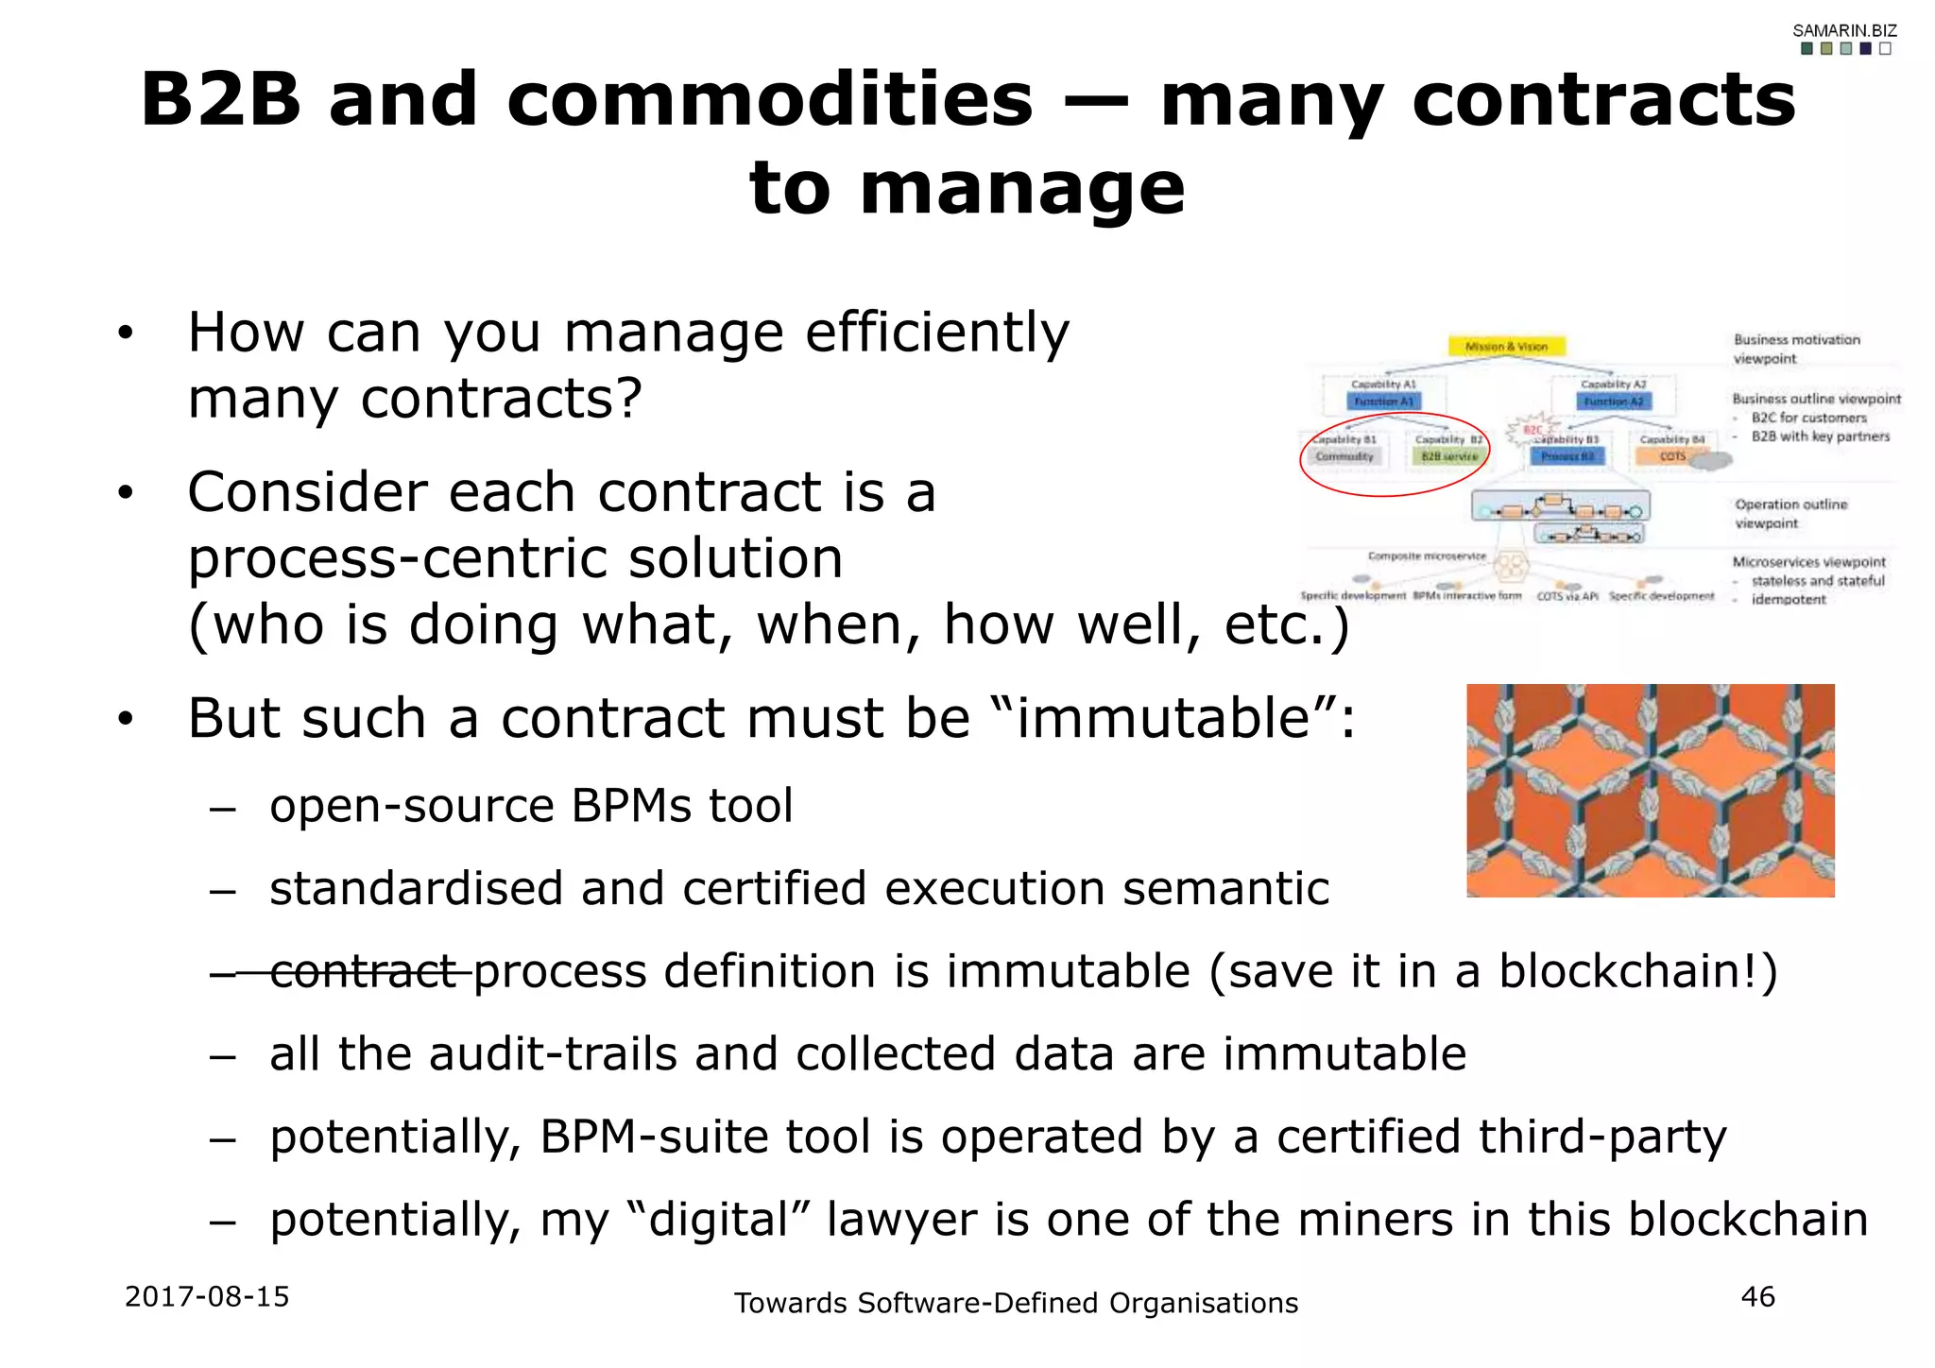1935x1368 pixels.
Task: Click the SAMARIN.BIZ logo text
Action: coord(1843,30)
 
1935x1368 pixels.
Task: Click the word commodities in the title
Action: coord(769,100)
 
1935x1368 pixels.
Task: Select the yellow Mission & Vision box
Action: coord(1506,347)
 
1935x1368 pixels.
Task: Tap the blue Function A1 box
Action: coord(1384,402)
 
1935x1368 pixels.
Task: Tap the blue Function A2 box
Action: coord(1614,402)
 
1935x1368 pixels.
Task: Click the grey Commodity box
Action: coord(1344,456)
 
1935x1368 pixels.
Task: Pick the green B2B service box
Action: coord(1448,456)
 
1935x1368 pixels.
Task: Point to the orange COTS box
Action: coord(1672,456)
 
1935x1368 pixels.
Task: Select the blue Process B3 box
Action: coord(1567,456)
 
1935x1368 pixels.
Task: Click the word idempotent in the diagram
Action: coord(1788,599)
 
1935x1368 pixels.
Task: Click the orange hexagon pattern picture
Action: coord(1650,791)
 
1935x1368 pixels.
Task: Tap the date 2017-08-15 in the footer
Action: coord(207,1296)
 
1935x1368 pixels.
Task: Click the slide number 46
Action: coord(1757,1296)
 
